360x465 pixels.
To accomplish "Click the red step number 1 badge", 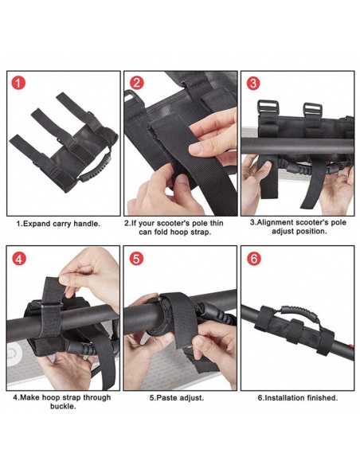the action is tap(18, 84).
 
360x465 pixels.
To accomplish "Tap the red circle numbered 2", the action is tap(136, 83).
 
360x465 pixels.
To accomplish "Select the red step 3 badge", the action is tap(253, 83).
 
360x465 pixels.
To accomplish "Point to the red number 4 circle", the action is tap(18, 260).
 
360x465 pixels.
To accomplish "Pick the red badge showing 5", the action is tap(136, 259).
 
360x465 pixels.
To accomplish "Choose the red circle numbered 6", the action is tap(254, 259).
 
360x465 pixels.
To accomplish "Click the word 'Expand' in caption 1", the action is tap(37, 224).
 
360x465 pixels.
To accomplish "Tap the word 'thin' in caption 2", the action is tap(217, 223).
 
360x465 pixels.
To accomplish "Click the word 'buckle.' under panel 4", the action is tap(63, 406).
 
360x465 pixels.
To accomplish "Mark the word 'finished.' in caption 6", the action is tap(323, 397).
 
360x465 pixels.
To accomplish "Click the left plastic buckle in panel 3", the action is tap(268, 107).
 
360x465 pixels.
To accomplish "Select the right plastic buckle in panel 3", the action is tap(312, 111).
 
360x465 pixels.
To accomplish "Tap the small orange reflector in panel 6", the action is tap(351, 346).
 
